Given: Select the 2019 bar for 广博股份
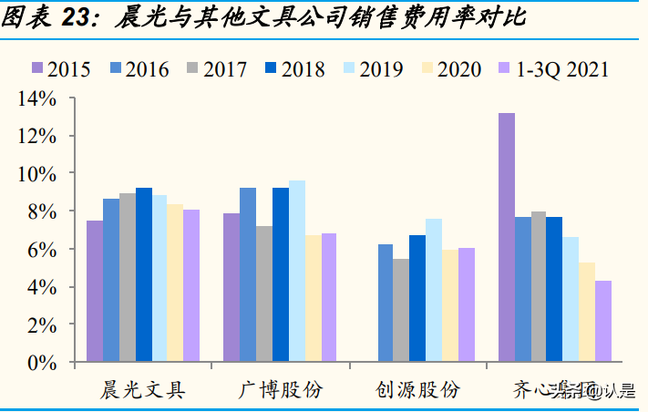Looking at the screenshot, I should (297, 271).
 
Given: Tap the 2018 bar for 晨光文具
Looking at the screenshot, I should (144, 274).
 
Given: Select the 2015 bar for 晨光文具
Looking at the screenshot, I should (95, 291).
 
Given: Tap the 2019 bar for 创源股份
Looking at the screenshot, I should (434, 290).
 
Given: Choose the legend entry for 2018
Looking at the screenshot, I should (292, 68).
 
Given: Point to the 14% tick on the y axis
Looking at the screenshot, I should (37, 98).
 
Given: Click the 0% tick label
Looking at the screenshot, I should (42, 362).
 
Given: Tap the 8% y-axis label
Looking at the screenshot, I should (42, 211).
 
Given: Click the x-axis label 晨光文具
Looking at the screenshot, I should (143, 389).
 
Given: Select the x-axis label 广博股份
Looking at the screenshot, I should (280, 389).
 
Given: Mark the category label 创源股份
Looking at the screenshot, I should (417, 389).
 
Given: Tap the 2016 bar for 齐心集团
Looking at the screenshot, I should (523, 289).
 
